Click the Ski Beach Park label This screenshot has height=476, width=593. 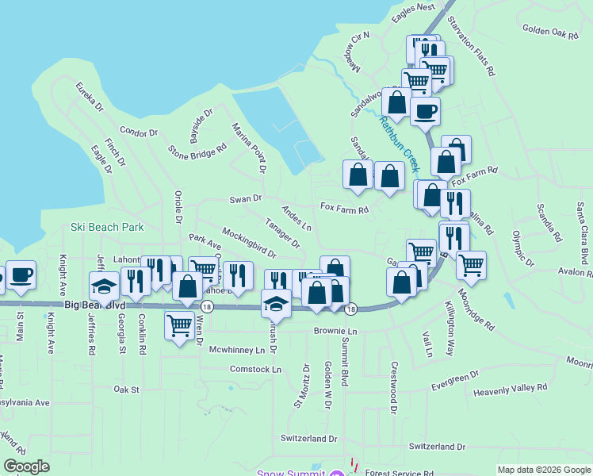click(x=107, y=227)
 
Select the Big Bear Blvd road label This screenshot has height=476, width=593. click(x=94, y=305)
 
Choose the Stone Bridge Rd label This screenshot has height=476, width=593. click(x=192, y=151)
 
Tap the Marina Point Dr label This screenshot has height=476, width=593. click(x=247, y=148)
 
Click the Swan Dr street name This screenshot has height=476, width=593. click(x=245, y=199)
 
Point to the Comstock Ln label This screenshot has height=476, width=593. click(x=255, y=370)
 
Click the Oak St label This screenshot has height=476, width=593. click(x=126, y=390)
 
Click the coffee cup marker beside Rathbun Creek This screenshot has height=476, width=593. click(x=425, y=111)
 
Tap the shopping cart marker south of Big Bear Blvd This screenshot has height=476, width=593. click(x=180, y=324)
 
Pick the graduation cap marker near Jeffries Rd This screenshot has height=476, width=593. click(x=102, y=285)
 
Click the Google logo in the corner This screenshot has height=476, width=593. click(x=26, y=466)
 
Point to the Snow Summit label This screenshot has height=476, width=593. click(x=290, y=473)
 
